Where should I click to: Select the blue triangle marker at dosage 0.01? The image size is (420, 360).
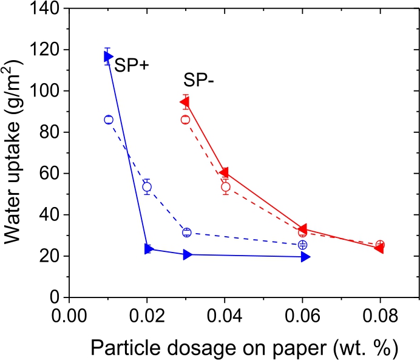tap(108, 57)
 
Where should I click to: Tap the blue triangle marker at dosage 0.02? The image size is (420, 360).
tap(148, 249)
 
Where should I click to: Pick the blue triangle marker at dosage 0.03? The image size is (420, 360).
tap(188, 254)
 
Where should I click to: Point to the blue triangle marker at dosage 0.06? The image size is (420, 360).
tap(305, 257)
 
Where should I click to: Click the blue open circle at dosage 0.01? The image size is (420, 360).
tap(109, 120)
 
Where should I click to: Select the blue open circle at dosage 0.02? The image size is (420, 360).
tap(147, 187)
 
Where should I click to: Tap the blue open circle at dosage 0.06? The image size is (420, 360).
tap(303, 245)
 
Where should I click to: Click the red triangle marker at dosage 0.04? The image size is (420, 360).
tap(224, 173)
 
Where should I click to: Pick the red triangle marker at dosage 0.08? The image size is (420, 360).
tap(379, 248)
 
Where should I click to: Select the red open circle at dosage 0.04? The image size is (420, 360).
tap(226, 187)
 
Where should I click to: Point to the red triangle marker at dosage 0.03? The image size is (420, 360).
tap(185, 101)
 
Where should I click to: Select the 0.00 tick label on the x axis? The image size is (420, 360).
tap(69, 318)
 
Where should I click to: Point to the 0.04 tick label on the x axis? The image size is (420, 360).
tap(225, 318)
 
